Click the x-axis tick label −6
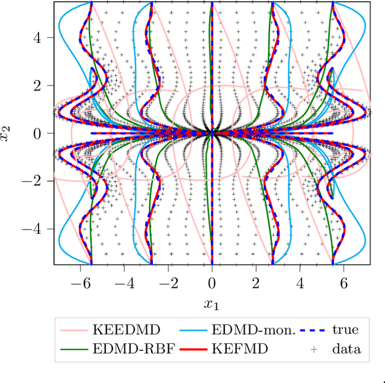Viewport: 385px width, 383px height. [x=76, y=282]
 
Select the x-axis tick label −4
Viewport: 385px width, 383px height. [x=120, y=282]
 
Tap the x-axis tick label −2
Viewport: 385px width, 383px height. [x=165, y=282]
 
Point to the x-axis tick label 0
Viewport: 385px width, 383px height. [x=212, y=282]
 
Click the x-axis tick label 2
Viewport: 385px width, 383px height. [x=256, y=282]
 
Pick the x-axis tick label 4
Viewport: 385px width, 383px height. [x=300, y=282]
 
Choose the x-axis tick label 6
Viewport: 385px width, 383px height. [x=343, y=282]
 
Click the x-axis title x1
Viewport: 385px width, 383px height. [x=212, y=305]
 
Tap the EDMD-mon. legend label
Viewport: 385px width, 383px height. [x=251, y=330]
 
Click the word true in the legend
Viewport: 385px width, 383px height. [x=345, y=330]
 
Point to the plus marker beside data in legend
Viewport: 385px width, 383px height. [x=313, y=349]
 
